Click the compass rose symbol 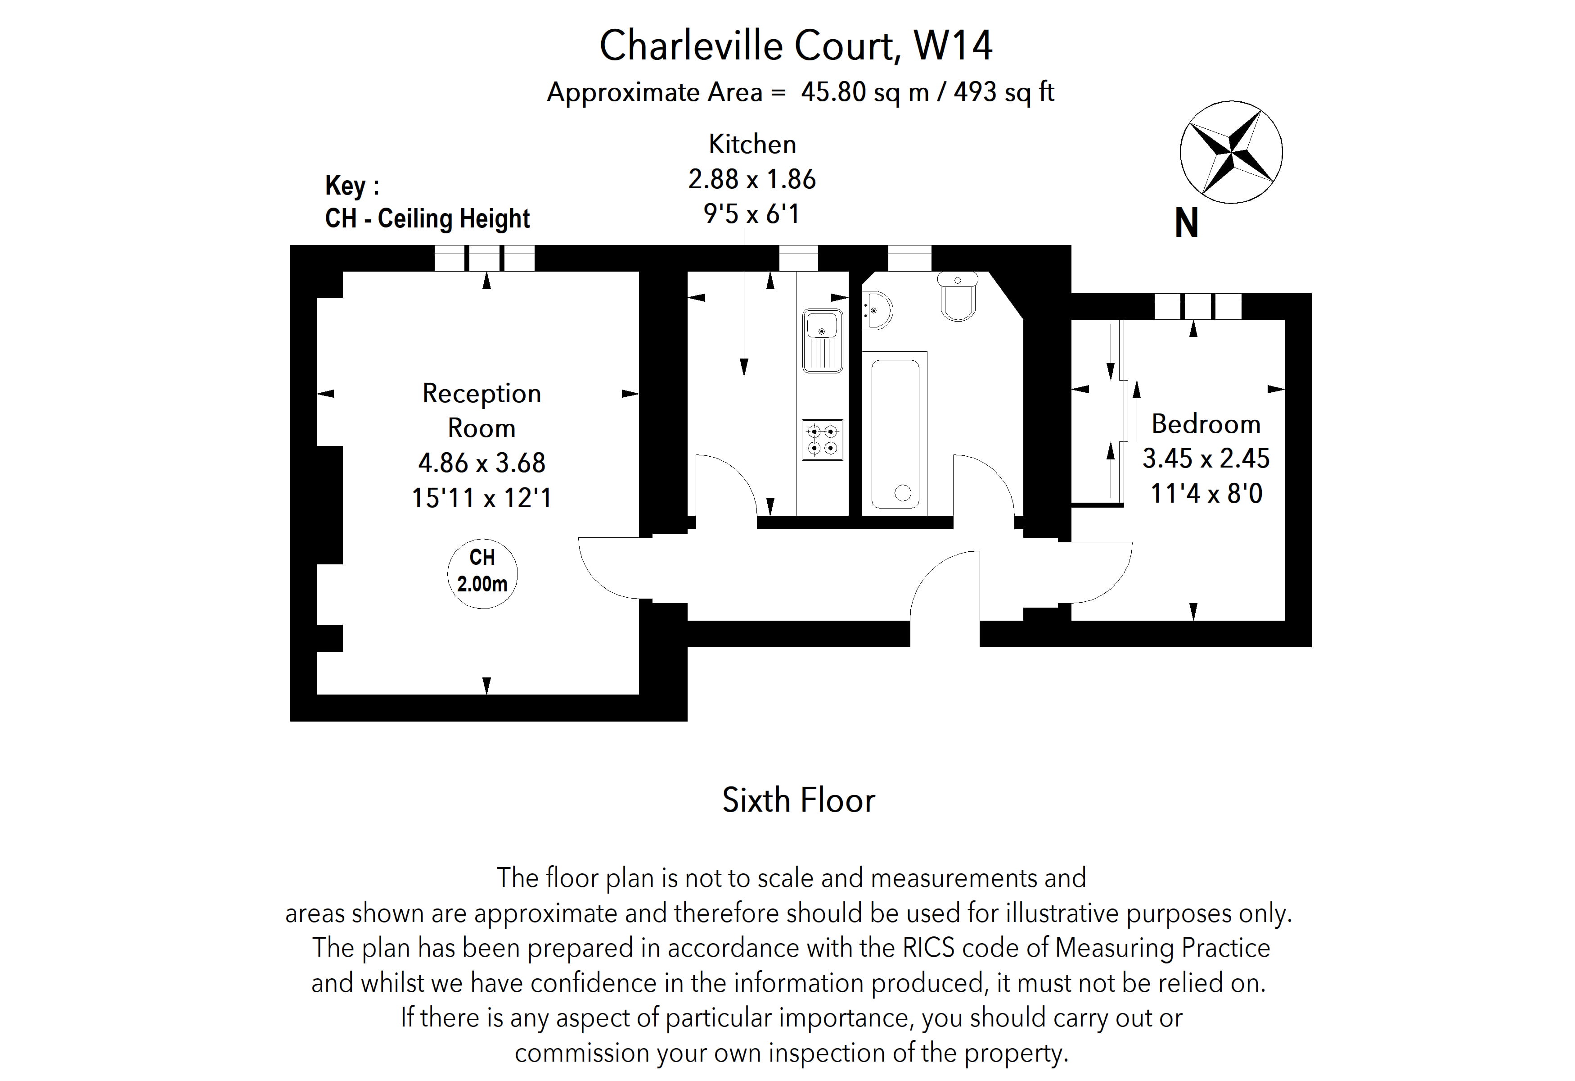click(x=1231, y=152)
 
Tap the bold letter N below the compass click(x=1186, y=223)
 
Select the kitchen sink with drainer click(x=822, y=341)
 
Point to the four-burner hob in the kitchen click(x=822, y=440)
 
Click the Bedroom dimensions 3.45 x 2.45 click(x=1206, y=459)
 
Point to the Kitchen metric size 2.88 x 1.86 click(x=751, y=179)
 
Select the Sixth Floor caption click(x=798, y=801)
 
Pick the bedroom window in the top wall click(x=1197, y=307)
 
